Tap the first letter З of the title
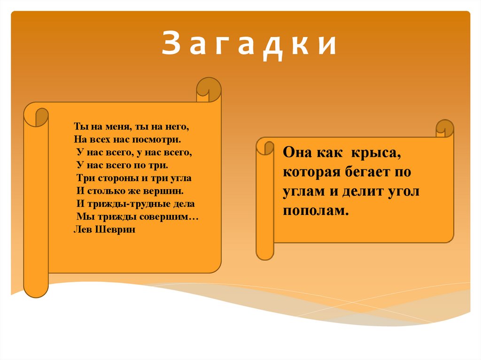[169, 46]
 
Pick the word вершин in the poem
[166, 191]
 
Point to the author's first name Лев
[83, 230]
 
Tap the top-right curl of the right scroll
[444, 129]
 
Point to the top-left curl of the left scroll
[36, 115]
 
